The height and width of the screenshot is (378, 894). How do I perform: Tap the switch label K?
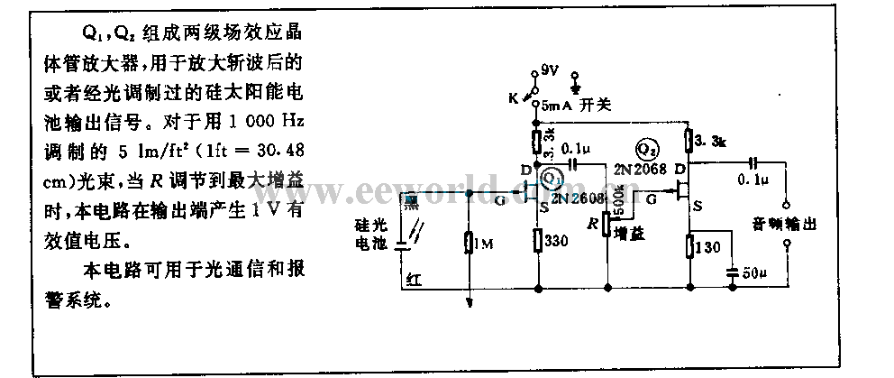pyautogui.click(x=515, y=97)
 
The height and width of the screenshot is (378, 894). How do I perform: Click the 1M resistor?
pyautogui.click(x=469, y=244)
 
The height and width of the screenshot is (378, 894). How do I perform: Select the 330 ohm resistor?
pyautogui.click(x=538, y=241)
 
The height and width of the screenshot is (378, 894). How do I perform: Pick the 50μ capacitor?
pyautogui.click(x=731, y=270)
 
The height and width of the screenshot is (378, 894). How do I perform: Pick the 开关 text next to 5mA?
pyautogui.click(x=597, y=106)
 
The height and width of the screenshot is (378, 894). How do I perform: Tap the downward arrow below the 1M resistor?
pyautogui.click(x=469, y=300)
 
